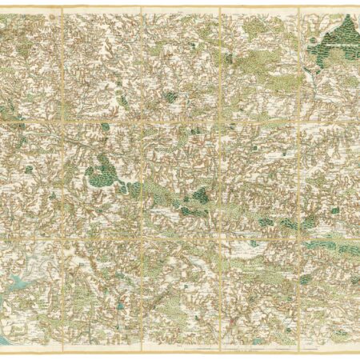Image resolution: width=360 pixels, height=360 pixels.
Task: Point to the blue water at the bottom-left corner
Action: point(6,339)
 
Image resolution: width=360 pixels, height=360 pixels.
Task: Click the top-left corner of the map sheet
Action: point(2,6)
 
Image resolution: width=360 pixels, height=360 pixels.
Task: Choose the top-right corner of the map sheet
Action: point(358,6)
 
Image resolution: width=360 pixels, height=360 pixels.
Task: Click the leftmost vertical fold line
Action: point(62,176)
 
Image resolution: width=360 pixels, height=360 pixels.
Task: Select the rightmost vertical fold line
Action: point(298,176)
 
